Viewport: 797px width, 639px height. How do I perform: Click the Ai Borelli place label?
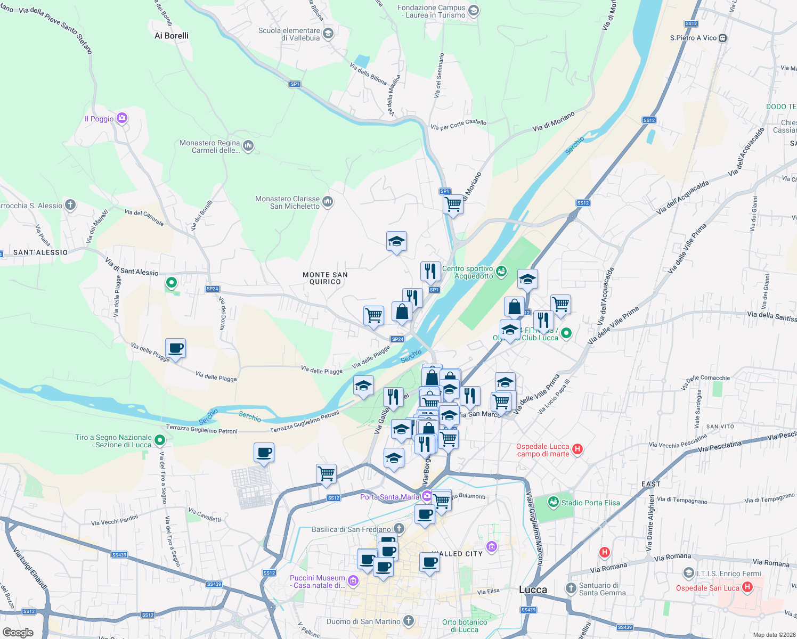[x=172, y=36]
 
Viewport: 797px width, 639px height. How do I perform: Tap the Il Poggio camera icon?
[x=122, y=118]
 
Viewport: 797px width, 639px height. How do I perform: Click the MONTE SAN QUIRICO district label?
[x=325, y=278]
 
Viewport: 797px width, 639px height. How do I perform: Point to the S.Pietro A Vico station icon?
[x=722, y=38]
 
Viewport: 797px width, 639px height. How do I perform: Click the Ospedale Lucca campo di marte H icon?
[x=578, y=450]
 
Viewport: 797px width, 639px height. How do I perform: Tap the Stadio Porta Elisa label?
[x=590, y=503]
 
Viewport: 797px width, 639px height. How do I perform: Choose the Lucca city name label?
[x=533, y=589]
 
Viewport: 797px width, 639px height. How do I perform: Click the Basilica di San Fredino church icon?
[x=399, y=528]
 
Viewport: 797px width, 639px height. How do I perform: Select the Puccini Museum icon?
[x=353, y=580]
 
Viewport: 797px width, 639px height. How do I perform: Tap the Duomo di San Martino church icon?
[x=409, y=621]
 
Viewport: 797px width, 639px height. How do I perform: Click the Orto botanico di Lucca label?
[x=465, y=626]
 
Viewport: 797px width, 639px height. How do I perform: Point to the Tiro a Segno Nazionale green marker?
[x=160, y=440]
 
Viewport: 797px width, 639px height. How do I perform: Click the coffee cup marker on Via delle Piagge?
[x=176, y=349]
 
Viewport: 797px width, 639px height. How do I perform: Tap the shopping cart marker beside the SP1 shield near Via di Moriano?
[x=453, y=204]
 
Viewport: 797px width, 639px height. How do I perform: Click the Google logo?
[x=18, y=632]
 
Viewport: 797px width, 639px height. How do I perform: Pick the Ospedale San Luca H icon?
[x=747, y=587]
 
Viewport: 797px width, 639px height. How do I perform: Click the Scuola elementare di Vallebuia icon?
[x=328, y=34]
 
